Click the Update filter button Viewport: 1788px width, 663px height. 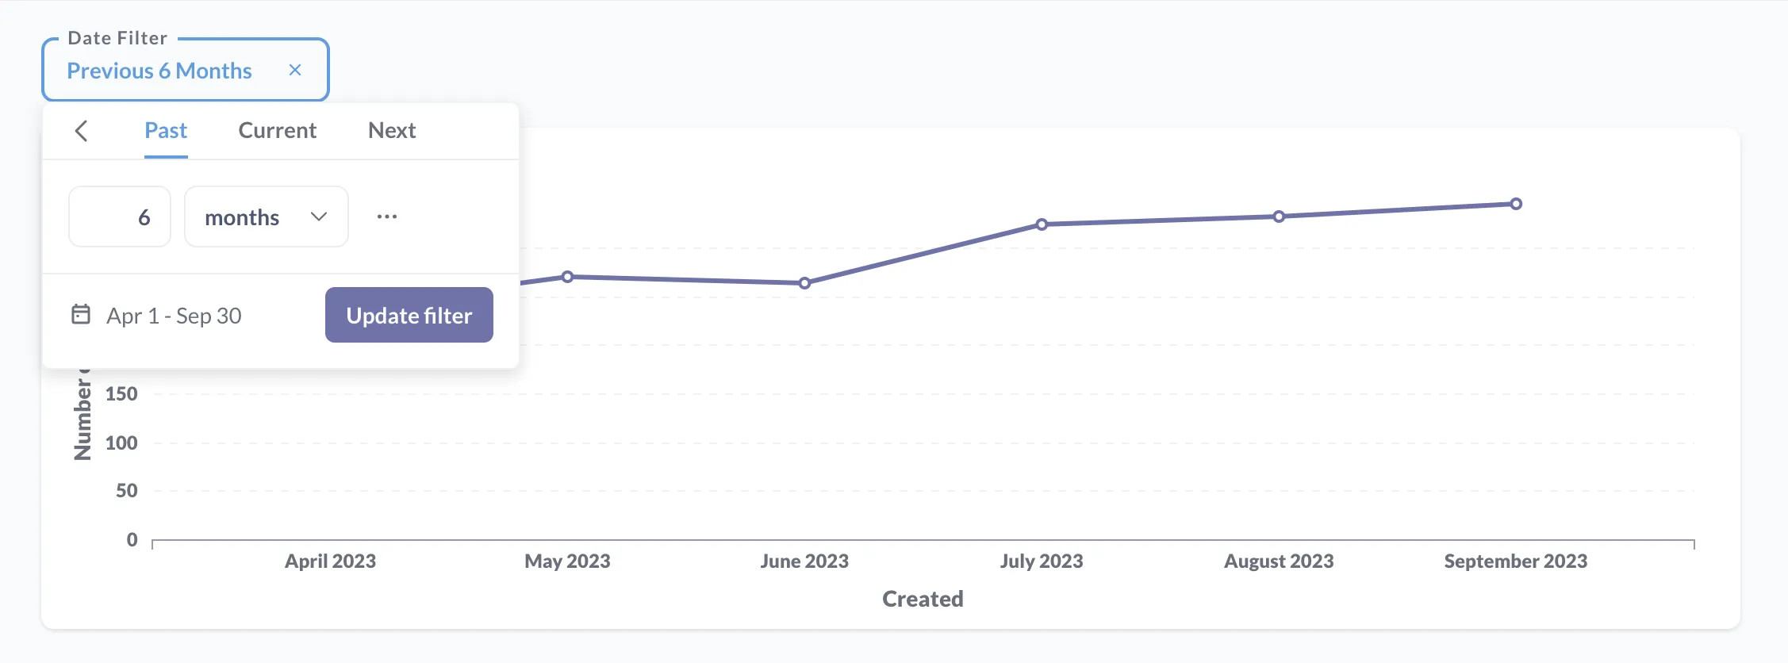pos(409,315)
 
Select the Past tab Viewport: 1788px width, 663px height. pos(166,130)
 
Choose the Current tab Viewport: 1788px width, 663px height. pos(277,130)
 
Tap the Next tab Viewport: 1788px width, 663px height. pos(392,130)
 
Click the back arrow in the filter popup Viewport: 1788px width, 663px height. pos(81,131)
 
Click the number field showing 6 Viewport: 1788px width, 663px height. pos(120,217)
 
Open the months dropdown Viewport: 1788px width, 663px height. pos(266,217)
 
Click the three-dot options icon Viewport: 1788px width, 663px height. pos(387,217)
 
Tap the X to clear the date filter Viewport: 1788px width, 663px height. pos(295,70)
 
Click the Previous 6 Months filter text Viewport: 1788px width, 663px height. pos(159,71)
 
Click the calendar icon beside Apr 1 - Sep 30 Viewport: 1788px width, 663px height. pos(81,314)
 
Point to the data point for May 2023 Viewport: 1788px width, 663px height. pos(567,277)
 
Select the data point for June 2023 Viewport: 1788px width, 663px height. pos(804,283)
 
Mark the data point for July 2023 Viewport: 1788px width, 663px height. pos(1042,224)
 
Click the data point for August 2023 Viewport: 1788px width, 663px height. pos(1279,217)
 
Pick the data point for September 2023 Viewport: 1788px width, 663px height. pos(1516,204)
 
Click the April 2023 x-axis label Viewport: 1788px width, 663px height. pos(330,561)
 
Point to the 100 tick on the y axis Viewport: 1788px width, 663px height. pos(121,443)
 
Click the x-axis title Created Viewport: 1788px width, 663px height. pos(923,599)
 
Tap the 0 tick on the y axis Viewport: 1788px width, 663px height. pos(132,539)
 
